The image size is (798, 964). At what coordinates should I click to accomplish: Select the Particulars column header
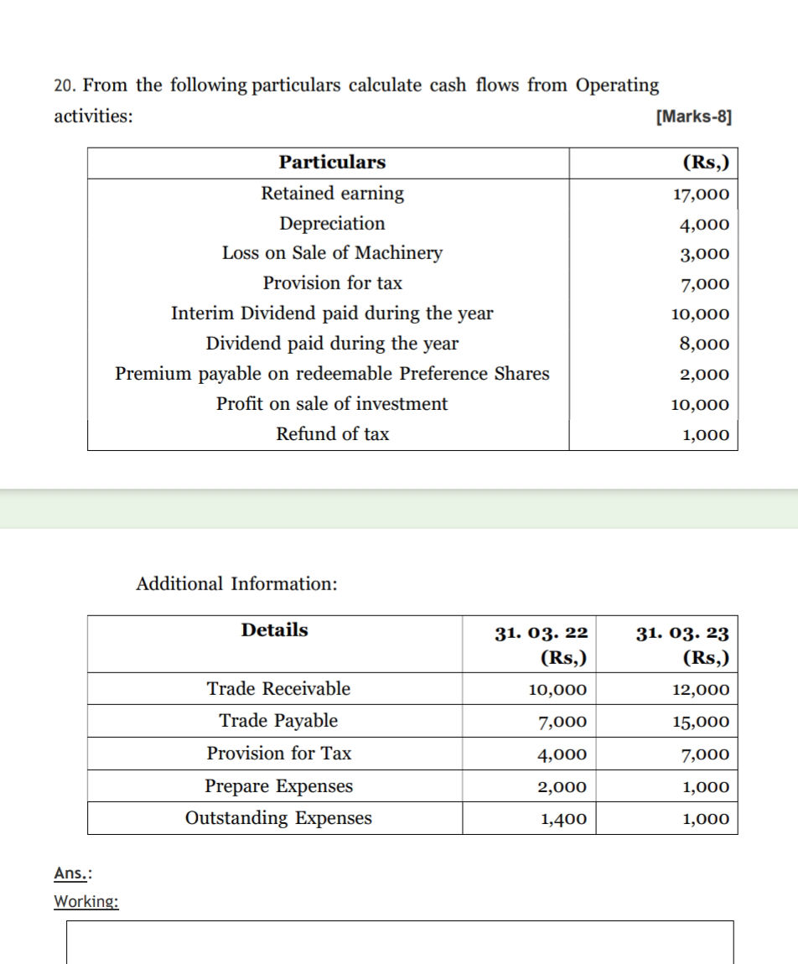click(332, 163)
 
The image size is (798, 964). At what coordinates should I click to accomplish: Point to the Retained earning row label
click(332, 194)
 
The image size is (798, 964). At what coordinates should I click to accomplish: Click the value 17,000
click(701, 195)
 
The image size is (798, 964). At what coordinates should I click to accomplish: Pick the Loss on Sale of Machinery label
click(332, 253)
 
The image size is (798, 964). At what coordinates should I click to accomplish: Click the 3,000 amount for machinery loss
click(706, 255)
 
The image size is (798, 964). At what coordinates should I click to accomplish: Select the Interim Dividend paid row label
click(332, 314)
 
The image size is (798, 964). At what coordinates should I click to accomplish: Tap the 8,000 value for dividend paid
click(706, 345)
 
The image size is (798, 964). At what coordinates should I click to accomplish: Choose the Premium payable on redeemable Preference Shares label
click(332, 374)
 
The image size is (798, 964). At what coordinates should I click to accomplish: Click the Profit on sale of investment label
click(332, 404)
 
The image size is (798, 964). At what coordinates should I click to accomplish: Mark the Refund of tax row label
click(332, 434)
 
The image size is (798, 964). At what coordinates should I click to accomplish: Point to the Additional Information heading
click(236, 583)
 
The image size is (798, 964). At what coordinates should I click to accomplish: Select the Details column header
click(274, 630)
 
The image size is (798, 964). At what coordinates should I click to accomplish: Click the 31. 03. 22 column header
click(541, 633)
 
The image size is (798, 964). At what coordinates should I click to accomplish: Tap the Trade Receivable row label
click(278, 689)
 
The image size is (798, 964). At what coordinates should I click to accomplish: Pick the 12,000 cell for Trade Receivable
click(701, 691)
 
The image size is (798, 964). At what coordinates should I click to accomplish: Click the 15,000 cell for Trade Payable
click(701, 722)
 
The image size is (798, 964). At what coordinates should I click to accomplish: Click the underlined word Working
click(85, 901)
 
